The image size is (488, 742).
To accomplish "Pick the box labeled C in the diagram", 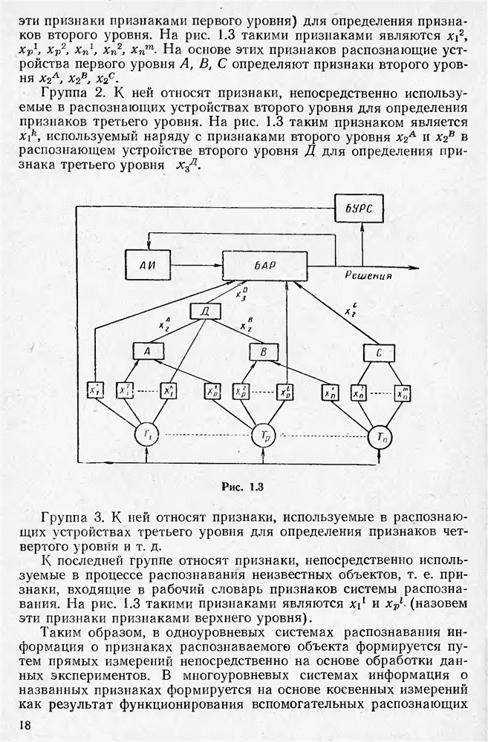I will (x=378, y=352).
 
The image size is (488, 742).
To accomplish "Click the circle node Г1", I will (x=146, y=434).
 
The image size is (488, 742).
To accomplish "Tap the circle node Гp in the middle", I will (x=263, y=435).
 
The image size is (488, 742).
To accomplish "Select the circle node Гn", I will (x=380, y=437).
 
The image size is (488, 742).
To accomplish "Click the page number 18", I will (x=22, y=723).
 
